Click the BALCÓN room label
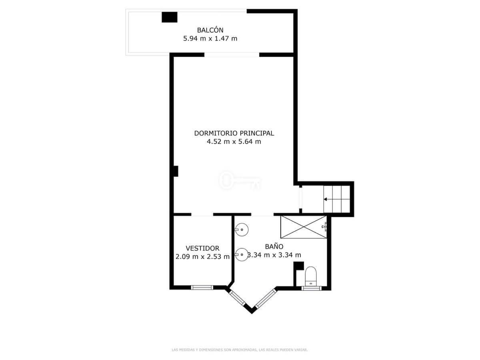(210, 30)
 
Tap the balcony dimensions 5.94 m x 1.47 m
(210, 39)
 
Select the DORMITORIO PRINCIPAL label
(234, 133)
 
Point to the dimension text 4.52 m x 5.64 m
(234, 142)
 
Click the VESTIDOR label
(202, 248)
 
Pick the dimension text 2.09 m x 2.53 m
(202, 256)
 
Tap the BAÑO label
(274, 246)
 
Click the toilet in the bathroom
(310, 276)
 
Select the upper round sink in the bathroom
(242, 230)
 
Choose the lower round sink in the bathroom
(242, 254)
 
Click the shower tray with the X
(303, 227)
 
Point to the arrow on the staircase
(336, 199)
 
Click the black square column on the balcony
(170, 17)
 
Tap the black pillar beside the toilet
(298, 266)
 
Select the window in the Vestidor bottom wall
(202, 288)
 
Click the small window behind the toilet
(311, 288)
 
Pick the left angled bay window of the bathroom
(237, 298)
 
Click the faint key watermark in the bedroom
(240, 180)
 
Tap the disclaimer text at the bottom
(240, 350)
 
